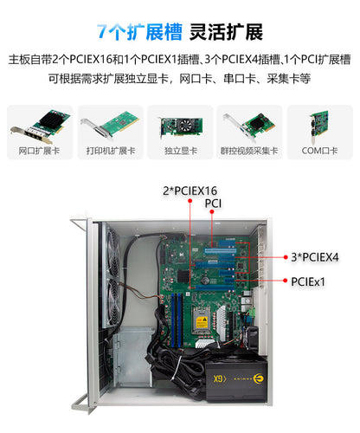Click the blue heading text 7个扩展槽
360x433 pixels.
[139, 32]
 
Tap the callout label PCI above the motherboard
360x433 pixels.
[214, 204]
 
